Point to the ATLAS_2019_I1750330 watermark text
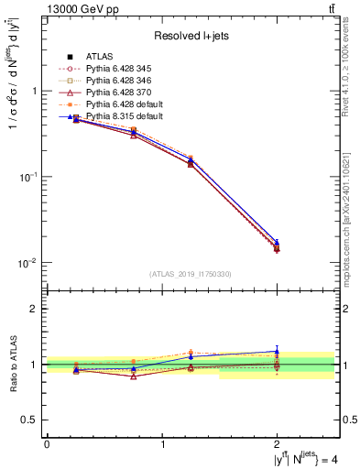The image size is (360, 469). [190, 273]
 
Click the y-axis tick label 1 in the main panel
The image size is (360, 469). [34, 92]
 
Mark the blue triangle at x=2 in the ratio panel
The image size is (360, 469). [277, 351]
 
